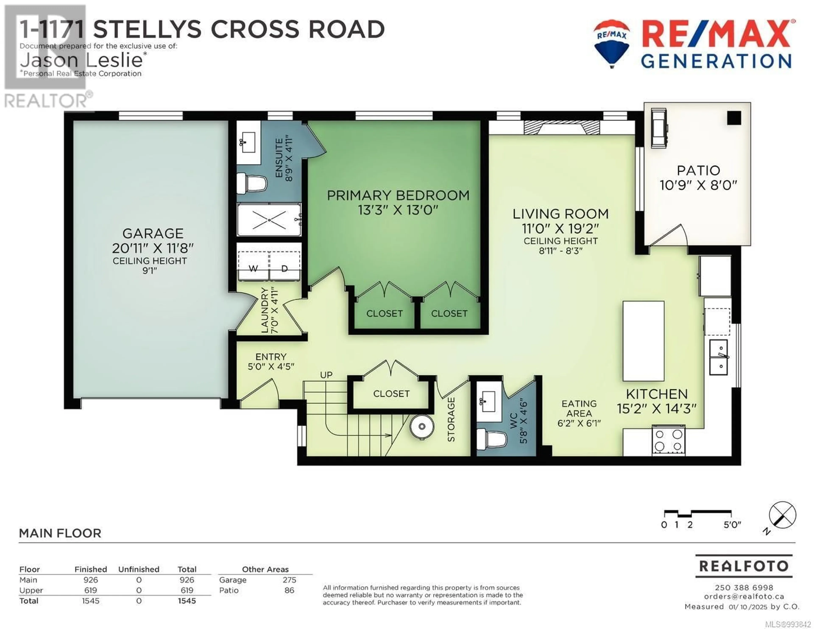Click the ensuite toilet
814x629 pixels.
tap(252, 183)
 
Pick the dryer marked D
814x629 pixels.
tap(285, 265)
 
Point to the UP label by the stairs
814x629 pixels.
tap(326, 375)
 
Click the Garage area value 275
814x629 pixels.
tap(289, 580)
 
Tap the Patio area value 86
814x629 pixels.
tap(289, 590)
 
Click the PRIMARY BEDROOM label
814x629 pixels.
tap(398, 195)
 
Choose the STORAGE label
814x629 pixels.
tap(451, 420)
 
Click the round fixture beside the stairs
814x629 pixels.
tap(422, 426)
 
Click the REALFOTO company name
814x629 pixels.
tap(744, 566)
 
